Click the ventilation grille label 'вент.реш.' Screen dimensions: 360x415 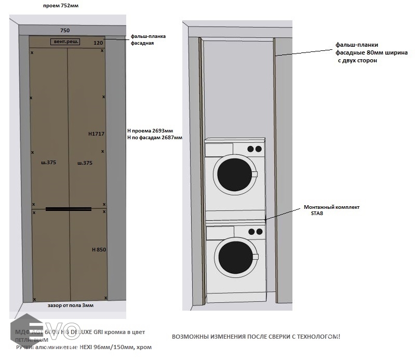(x=65, y=42)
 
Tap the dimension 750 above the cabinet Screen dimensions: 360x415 (x=65, y=31)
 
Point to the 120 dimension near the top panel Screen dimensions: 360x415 (x=98, y=43)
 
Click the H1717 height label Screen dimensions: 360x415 (x=96, y=134)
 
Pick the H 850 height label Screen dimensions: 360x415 (x=99, y=250)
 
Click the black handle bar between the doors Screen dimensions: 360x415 (x=69, y=209)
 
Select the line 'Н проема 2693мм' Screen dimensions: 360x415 (x=150, y=130)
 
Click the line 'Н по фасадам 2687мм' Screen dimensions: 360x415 (x=155, y=138)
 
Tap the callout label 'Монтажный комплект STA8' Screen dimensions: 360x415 (x=331, y=210)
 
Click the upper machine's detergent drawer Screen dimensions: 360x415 (x=219, y=150)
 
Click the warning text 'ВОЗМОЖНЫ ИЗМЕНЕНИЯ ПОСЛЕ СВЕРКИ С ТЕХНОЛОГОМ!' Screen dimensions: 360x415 (x=256, y=337)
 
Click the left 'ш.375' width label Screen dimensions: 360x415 (x=48, y=163)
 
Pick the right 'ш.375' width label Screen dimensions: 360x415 (x=85, y=163)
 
